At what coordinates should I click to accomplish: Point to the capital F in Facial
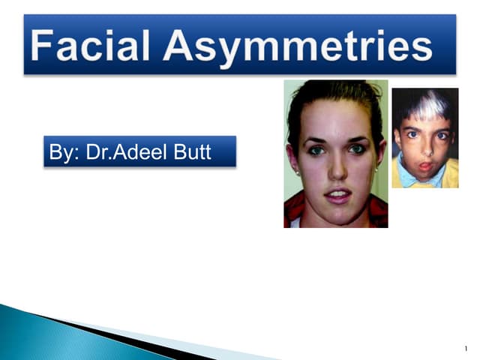pos(46,46)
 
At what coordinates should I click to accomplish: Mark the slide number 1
pos(466,349)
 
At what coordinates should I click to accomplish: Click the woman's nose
pos(335,171)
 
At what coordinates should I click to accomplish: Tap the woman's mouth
pos(336,196)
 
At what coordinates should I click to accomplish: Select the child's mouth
pos(425,162)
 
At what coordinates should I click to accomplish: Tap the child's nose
pos(424,147)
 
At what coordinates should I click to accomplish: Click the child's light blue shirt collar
pos(420,179)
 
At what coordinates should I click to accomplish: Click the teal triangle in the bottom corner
pos(30,337)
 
